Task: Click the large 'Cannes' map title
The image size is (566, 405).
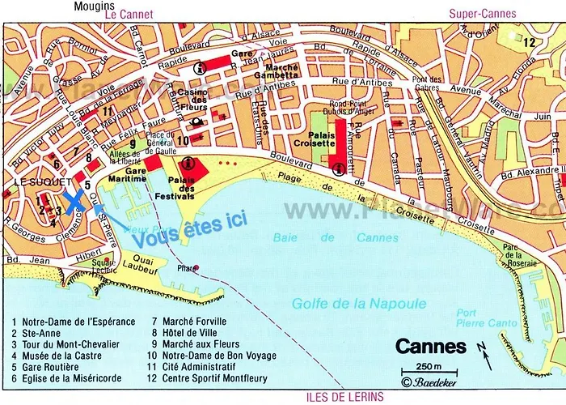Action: (430, 347)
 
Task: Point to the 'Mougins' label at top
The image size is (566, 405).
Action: (93, 6)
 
